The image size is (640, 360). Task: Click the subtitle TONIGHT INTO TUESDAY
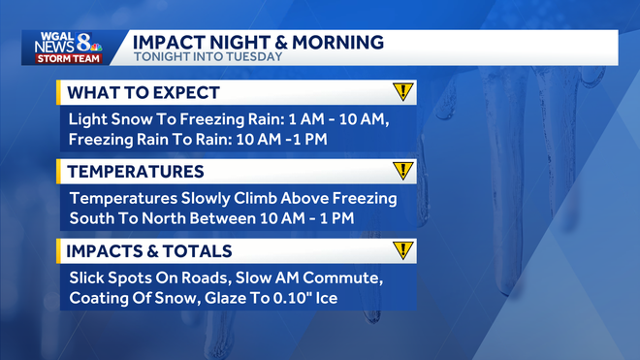pyautogui.click(x=207, y=57)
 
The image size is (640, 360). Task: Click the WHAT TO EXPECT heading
pyautogui.click(x=143, y=93)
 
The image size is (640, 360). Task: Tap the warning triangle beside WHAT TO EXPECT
pyautogui.click(x=403, y=92)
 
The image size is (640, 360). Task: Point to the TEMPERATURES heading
pyautogui.click(x=134, y=172)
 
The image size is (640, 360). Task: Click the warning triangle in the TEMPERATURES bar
pyautogui.click(x=403, y=171)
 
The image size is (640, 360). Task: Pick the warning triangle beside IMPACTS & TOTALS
pyautogui.click(x=403, y=249)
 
